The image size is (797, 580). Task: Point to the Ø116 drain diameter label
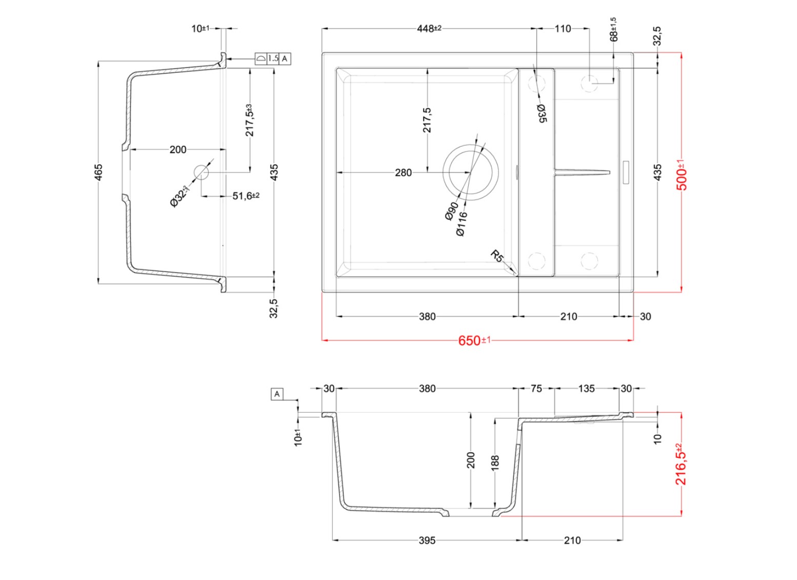(462, 223)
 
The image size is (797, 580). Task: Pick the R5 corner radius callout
(497, 256)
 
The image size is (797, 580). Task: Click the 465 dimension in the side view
(99, 172)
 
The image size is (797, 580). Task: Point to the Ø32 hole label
(179, 197)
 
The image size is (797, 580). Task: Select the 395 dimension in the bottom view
(427, 540)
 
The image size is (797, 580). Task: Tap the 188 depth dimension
(495, 462)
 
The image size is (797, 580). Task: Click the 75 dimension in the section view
(536, 389)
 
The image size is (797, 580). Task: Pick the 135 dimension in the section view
(586, 389)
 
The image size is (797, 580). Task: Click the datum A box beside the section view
(277, 395)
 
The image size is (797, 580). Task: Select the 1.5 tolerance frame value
(273, 59)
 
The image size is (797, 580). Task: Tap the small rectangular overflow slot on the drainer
(626, 172)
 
